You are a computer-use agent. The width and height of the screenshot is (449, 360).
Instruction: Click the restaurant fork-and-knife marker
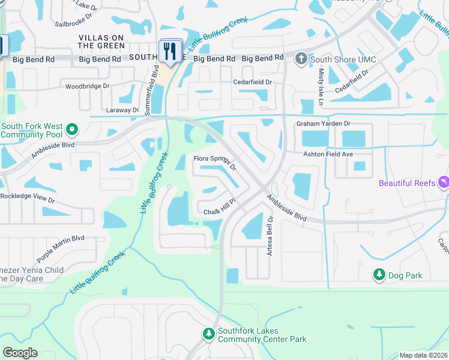[x=170, y=50]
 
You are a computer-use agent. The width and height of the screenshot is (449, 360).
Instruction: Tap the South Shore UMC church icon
[x=301, y=59]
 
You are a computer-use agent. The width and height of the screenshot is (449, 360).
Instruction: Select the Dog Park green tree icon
[x=379, y=275]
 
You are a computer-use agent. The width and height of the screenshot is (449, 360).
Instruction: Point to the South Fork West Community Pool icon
[x=72, y=130]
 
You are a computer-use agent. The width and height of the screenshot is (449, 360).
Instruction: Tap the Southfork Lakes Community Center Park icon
[x=208, y=334]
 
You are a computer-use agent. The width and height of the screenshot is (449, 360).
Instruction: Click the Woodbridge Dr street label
[x=88, y=86]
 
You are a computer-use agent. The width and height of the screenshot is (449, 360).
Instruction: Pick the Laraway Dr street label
[x=123, y=110]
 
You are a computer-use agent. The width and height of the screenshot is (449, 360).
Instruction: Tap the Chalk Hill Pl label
[x=221, y=211]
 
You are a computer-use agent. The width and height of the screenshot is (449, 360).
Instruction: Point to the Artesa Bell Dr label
[x=270, y=235]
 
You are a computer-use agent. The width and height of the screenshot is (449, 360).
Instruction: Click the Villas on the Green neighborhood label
[x=101, y=41]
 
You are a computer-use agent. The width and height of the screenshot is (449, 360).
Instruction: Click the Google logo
[x=20, y=353]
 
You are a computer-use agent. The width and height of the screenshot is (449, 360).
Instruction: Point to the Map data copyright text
[x=423, y=355]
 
